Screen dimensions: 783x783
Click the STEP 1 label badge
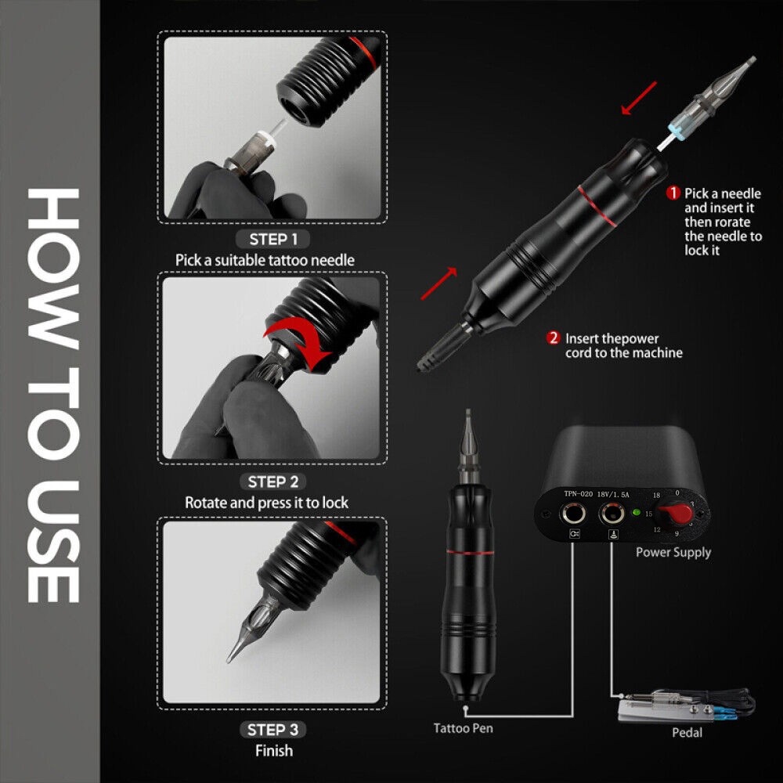(x=272, y=239)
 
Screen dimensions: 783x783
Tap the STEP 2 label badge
(x=272, y=482)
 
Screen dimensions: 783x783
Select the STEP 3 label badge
(x=272, y=730)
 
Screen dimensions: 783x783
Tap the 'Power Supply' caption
(x=673, y=552)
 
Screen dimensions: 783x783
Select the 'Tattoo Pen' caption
(x=464, y=728)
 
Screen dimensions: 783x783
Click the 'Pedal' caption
(x=687, y=733)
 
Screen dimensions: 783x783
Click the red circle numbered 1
(x=672, y=193)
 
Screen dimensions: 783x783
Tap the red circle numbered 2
(x=553, y=338)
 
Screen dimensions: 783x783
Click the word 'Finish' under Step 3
(x=273, y=750)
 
